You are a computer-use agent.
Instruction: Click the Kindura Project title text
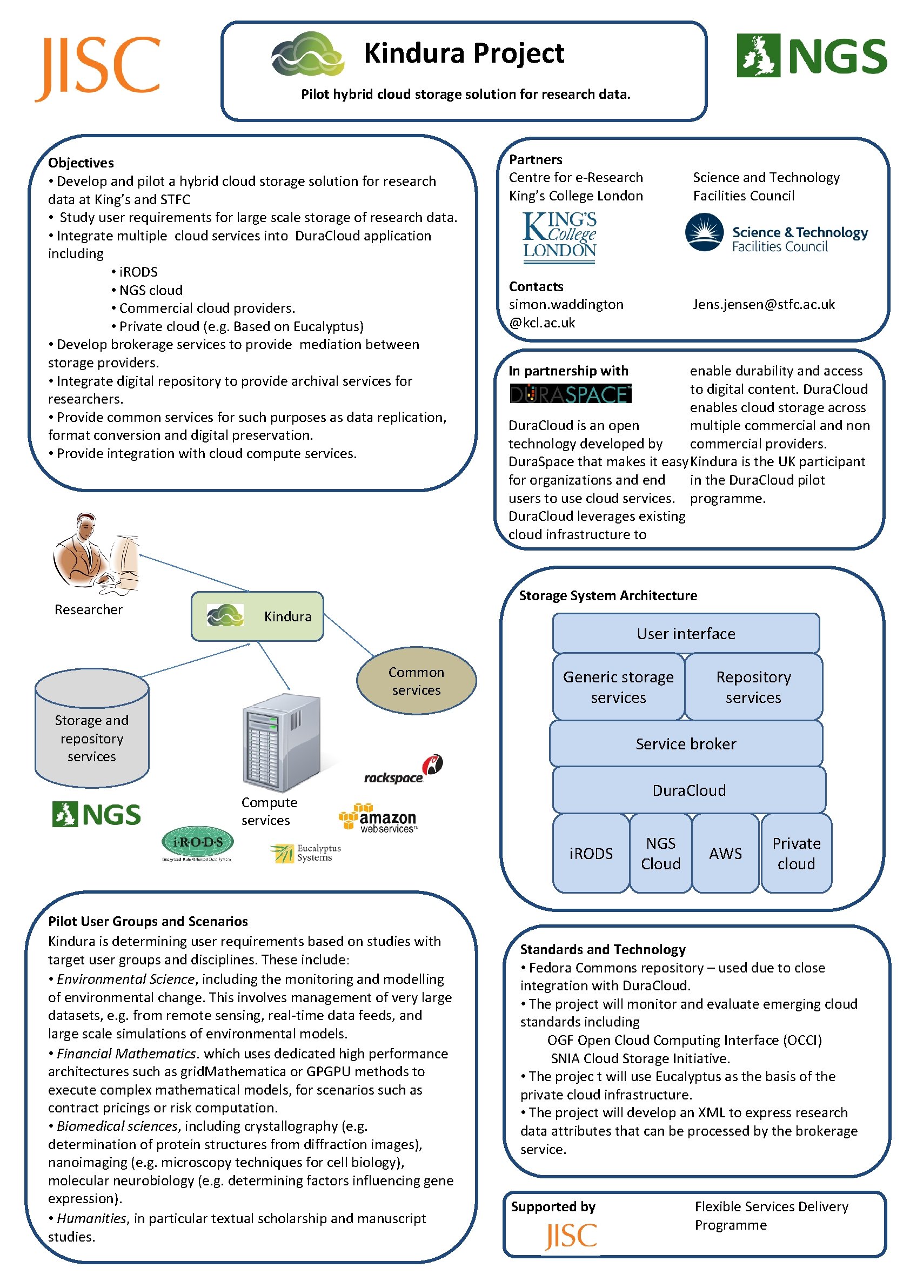pyautogui.click(x=464, y=54)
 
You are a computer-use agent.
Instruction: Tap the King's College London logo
pyautogui.click(x=559, y=237)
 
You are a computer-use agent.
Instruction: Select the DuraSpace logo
pyautogui.click(x=570, y=394)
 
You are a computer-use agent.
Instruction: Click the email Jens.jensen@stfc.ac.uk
pyautogui.click(x=763, y=305)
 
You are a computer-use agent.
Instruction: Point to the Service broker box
pyautogui.click(x=686, y=744)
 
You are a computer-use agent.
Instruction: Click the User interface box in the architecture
pyautogui.click(x=686, y=633)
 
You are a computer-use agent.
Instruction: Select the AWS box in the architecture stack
pyautogui.click(x=725, y=853)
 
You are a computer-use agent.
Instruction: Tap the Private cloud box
pyautogui.click(x=795, y=853)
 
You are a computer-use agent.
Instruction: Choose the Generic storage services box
pyautogui.click(x=618, y=687)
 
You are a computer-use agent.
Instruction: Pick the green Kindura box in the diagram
pyautogui.click(x=257, y=616)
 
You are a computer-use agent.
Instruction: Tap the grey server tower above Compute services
pyautogui.click(x=281, y=742)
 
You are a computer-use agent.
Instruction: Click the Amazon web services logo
pyautogui.click(x=379, y=818)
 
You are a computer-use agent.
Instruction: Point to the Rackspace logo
pyautogui.click(x=403, y=770)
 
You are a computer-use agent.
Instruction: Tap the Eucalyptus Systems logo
pyautogui.click(x=305, y=853)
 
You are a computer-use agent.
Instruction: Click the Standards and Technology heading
pyautogui.click(x=603, y=949)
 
